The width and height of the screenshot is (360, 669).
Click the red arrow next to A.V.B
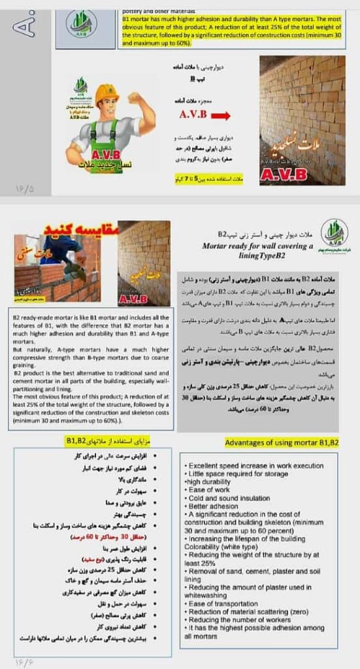tap(221, 116)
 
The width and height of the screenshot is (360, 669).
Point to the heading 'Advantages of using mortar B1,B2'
tap(282, 442)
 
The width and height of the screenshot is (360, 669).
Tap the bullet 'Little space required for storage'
tap(236, 472)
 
